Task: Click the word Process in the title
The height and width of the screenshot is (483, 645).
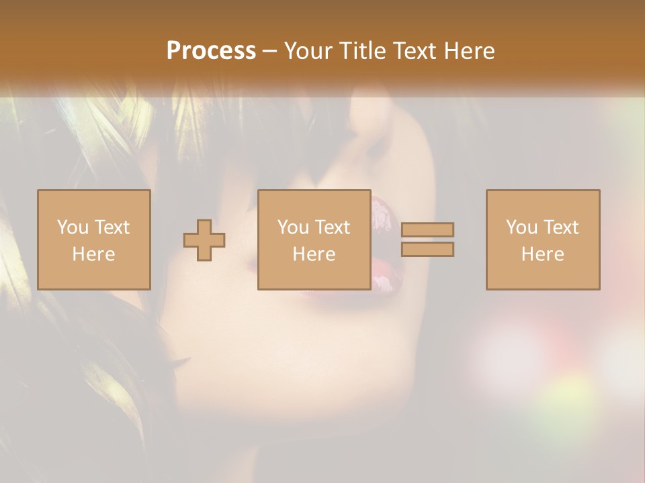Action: pos(211,51)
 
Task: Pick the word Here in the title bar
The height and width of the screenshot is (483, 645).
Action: pos(471,51)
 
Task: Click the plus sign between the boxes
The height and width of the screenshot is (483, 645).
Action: pos(204,240)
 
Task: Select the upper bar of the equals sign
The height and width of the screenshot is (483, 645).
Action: pos(427,229)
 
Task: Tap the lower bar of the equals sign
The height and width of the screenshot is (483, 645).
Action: pos(427,250)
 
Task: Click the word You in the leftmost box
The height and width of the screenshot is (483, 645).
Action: pos(72,227)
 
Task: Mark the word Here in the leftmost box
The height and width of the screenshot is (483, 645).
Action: pos(93,254)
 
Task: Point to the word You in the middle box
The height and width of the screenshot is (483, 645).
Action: pos(292,227)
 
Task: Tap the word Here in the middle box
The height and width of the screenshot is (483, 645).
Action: pos(314,254)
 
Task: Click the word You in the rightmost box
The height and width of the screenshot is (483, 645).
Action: pos(521,227)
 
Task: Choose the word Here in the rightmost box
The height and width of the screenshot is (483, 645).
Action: pos(542,254)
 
